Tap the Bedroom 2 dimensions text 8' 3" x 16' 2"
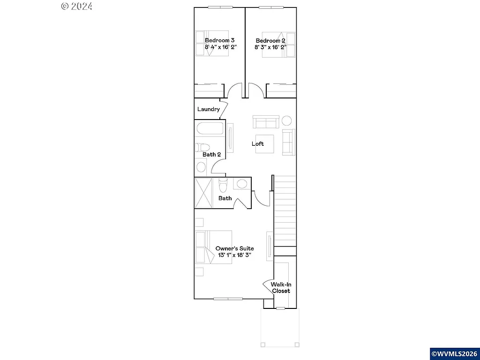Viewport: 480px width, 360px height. pyautogui.click(x=270, y=47)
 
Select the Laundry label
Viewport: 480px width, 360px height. pyautogui.click(x=209, y=109)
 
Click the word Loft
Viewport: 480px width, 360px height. pyautogui.click(x=258, y=144)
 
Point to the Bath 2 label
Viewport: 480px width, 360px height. pyautogui.click(x=211, y=154)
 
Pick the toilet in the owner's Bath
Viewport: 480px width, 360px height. pyautogui.click(x=223, y=186)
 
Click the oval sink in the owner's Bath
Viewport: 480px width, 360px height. pyautogui.click(x=242, y=184)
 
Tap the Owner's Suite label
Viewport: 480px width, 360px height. pyautogui.click(x=234, y=248)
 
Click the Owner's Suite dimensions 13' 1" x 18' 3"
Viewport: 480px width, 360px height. pyautogui.click(x=234, y=255)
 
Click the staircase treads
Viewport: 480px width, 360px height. pyautogui.click(x=285, y=211)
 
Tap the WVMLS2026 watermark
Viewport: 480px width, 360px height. pyautogui.click(x=454, y=353)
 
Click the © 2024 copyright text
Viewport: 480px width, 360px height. pyautogui.click(x=77, y=6)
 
